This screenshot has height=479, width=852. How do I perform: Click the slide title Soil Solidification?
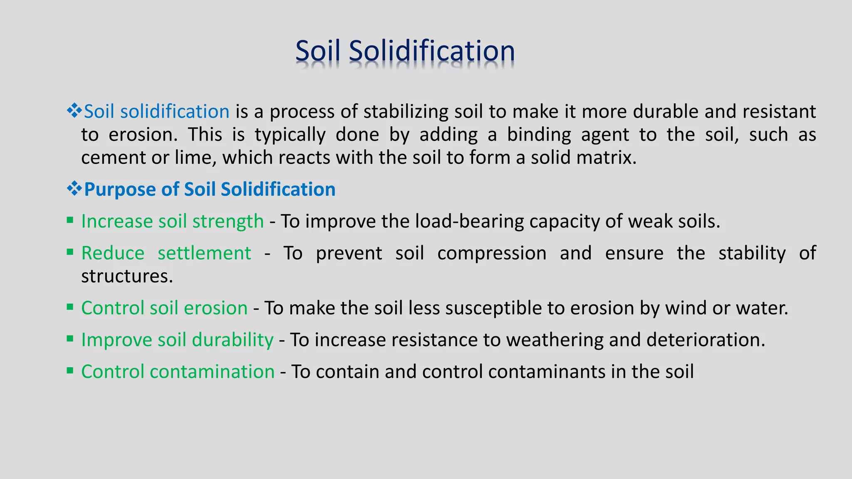point(405,51)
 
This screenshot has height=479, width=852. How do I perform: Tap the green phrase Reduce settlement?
point(166,253)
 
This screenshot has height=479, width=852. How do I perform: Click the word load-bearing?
point(470,222)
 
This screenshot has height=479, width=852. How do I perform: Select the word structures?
point(127,277)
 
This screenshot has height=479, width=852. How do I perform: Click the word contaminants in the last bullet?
point(547,372)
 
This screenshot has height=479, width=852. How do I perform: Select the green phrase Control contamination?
point(178,372)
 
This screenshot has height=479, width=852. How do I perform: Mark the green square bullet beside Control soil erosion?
point(70,307)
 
